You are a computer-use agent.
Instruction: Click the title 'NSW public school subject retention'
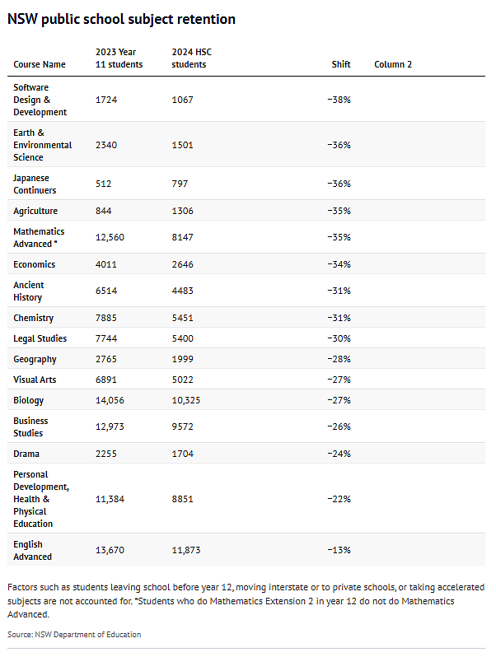122,19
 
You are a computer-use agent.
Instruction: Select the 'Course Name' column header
40,64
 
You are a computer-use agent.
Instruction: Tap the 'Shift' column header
341,64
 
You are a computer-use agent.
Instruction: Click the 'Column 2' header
393,64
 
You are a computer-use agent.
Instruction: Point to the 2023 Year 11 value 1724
106,100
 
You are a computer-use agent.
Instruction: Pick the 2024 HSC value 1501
182,145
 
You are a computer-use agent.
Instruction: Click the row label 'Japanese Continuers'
35,184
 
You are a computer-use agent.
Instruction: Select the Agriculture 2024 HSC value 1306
182,211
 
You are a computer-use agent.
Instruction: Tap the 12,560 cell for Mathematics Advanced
110,237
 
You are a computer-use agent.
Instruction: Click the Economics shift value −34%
339,264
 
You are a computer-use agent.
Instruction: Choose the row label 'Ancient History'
29,291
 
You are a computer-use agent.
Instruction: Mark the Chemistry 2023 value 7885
106,318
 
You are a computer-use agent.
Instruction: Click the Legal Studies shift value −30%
339,338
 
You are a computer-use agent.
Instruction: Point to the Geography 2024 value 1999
182,359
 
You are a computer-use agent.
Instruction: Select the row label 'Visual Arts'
35,380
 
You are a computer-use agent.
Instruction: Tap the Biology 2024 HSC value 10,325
186,400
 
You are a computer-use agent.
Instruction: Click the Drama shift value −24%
339,454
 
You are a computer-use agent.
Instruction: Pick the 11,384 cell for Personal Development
110,499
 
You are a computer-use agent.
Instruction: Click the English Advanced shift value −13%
339,550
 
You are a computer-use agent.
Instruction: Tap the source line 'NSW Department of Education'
88,635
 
